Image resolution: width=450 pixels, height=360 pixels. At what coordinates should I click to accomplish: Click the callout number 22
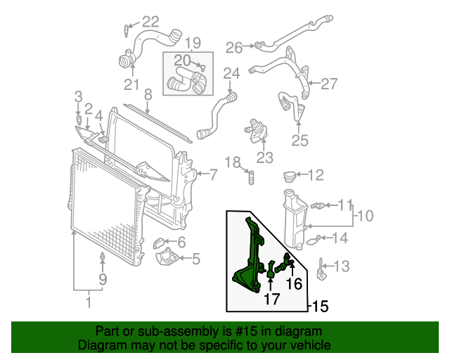pos(150,21)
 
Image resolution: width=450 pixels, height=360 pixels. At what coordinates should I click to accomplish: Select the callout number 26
pos(234,47)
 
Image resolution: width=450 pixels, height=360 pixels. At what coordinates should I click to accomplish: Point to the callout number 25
pos(300,141)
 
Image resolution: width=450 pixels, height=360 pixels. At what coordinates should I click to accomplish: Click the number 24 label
pos(232,73)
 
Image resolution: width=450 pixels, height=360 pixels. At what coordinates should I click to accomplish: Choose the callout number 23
pos(264,157)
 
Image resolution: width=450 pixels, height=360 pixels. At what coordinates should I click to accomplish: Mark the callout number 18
pos(233,162)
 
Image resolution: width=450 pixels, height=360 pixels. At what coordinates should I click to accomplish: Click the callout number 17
pos(271,299)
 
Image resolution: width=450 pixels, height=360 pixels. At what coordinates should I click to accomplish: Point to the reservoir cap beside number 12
pos(291,174)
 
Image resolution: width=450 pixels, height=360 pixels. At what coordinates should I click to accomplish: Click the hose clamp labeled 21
pos(126,60)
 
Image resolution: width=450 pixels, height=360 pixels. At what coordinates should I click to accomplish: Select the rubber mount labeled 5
pos(167,257)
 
